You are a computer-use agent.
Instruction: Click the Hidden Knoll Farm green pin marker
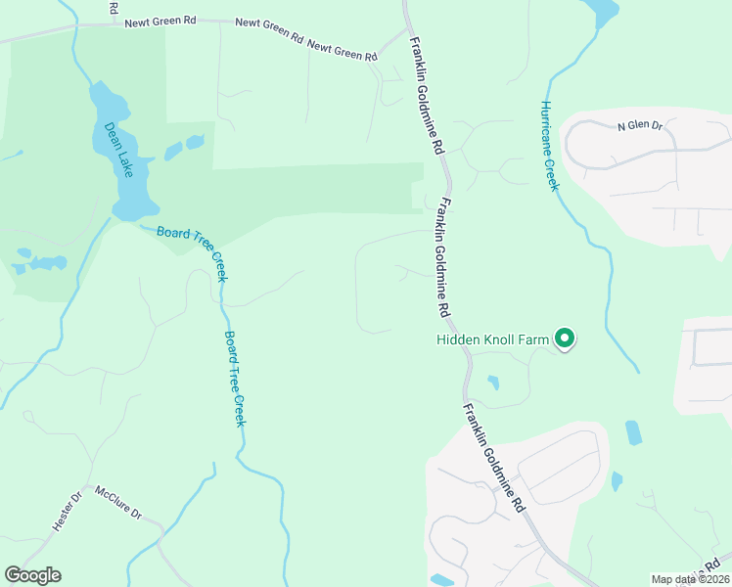pos(564,339)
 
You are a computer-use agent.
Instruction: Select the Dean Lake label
pos(118,149)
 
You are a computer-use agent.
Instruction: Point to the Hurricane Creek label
pos(548,146)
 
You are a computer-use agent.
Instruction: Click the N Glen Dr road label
pos(640,126)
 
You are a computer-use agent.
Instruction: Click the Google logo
pos(32,575)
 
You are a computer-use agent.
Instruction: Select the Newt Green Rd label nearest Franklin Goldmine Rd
pos(343,51)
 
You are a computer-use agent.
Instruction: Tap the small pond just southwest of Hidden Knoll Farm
pos(491,382)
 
